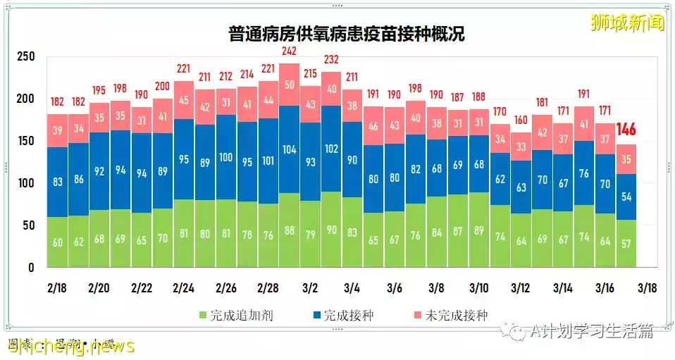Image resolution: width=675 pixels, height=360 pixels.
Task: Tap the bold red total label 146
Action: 626,130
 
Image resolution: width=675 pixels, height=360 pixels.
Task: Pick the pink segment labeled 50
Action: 289,85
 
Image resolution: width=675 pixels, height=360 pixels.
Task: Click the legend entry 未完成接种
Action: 455,315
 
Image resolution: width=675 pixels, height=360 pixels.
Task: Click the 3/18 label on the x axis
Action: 648,288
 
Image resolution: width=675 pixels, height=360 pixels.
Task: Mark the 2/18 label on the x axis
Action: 57,288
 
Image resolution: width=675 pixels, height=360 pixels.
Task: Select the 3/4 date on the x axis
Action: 352,288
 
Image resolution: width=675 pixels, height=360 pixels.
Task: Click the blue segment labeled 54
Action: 626,197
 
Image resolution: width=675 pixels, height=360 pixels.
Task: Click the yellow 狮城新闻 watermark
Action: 628,23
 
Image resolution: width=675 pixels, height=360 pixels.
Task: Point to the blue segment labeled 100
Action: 226,156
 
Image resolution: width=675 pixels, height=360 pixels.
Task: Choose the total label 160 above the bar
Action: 521,120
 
